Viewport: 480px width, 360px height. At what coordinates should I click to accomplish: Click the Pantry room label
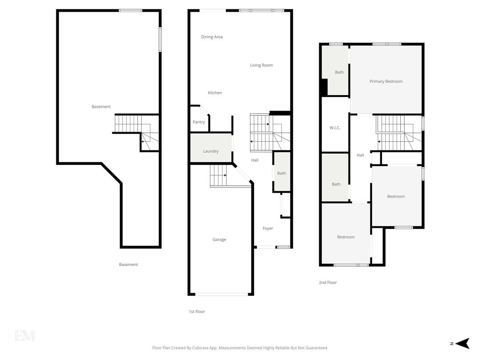[x=199, y=122]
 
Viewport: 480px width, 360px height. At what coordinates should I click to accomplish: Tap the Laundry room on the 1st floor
[x=211, y=148]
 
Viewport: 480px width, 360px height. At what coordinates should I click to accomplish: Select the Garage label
[x=219, y=240]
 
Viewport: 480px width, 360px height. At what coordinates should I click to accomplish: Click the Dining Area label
[x=212, y=37]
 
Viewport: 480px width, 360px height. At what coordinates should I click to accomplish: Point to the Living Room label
[x=262, y=65]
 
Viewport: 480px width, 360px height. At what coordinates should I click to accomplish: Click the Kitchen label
[x=215, y=93]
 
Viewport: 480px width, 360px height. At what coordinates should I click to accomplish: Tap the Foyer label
[x=268, y=228]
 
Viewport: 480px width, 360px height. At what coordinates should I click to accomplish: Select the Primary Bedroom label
[x=386, y=82]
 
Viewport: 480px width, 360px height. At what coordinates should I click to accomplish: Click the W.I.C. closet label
[x=335, y=128]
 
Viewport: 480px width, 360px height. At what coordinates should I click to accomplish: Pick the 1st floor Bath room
[x=282, y=172]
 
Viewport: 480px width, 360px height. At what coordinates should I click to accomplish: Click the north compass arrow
[x=463, y=344]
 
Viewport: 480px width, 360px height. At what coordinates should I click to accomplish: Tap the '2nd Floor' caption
[x=328, y=283]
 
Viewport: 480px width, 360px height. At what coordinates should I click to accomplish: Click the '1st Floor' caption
[x=197, y=312]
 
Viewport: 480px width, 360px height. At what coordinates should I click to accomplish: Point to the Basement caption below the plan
[x=128, y=264]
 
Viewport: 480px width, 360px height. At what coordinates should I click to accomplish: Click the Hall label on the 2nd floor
[x=360, y=155]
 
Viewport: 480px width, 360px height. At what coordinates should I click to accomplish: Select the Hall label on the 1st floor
[x=255, y=160]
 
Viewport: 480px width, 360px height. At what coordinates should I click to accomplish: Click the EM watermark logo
[x=25, y=336]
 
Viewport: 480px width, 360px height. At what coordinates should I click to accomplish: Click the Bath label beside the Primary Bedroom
[x=339, y=72]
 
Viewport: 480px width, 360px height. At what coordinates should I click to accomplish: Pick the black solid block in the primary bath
[x=324, y=87]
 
